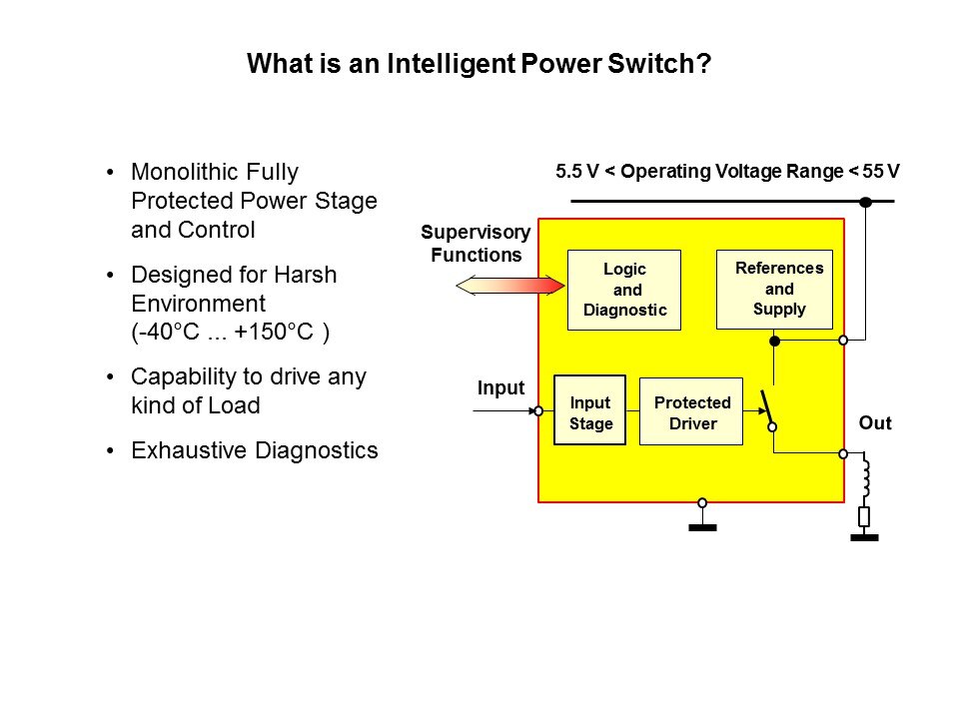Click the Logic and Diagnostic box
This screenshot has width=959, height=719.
624,290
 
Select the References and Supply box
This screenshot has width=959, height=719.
774,289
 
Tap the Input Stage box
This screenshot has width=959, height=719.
589,410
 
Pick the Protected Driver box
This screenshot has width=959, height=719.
691,410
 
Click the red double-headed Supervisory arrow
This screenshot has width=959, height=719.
509,287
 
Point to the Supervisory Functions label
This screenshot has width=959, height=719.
476,244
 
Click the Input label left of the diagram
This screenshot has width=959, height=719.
500,388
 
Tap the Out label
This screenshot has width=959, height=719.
875,423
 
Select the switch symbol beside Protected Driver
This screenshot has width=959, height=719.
768,408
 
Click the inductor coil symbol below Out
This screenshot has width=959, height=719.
865,479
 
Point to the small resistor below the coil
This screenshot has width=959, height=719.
864,516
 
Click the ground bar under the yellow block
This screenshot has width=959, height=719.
703,528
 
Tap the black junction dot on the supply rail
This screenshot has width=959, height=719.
866,202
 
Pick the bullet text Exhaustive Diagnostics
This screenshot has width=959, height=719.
255,450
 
